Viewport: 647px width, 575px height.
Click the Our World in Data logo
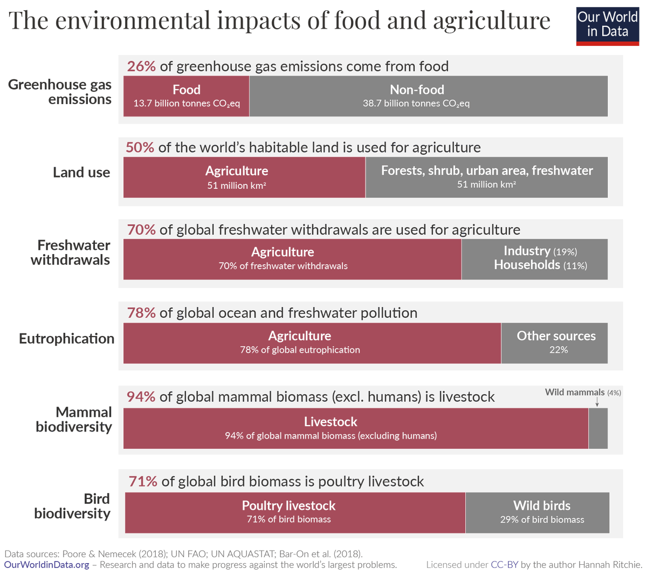(607, 25)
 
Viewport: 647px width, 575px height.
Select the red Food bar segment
(187, 96)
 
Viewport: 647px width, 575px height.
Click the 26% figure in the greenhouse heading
(141, 66)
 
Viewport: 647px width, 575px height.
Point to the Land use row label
(81, 173)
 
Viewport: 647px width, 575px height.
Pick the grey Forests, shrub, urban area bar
(486, 177)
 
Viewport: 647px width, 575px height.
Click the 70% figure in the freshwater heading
(141, 230)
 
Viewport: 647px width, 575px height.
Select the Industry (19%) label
(540, 251)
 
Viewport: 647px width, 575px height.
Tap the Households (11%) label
(540, 265)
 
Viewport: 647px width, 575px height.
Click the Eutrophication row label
(67, 339)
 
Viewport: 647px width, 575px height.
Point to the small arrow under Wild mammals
(597, 402)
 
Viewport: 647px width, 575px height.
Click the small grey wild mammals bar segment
(598, 428)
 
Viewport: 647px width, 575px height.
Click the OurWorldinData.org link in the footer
(47, 565)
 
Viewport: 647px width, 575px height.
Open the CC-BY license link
(504, 565)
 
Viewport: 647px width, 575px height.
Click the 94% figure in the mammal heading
(141, 397)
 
